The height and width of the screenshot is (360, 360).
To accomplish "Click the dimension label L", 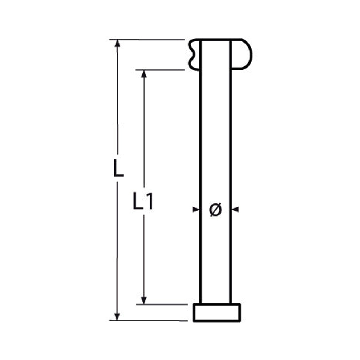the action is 118,169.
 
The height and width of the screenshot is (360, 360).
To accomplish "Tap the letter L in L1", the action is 138,201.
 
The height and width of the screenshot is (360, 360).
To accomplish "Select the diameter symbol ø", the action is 215,209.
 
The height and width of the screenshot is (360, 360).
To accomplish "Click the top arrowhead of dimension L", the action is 117,43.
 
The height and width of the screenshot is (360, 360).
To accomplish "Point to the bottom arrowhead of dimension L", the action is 117,316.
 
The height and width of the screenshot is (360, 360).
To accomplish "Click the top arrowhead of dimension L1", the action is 144,74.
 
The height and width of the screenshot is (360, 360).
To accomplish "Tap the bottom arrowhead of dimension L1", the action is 144,300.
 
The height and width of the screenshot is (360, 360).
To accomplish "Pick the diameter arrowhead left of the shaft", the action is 196,209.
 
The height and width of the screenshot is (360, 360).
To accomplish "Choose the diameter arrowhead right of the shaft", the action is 235,209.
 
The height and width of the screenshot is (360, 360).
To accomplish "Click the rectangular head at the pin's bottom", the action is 217,312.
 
